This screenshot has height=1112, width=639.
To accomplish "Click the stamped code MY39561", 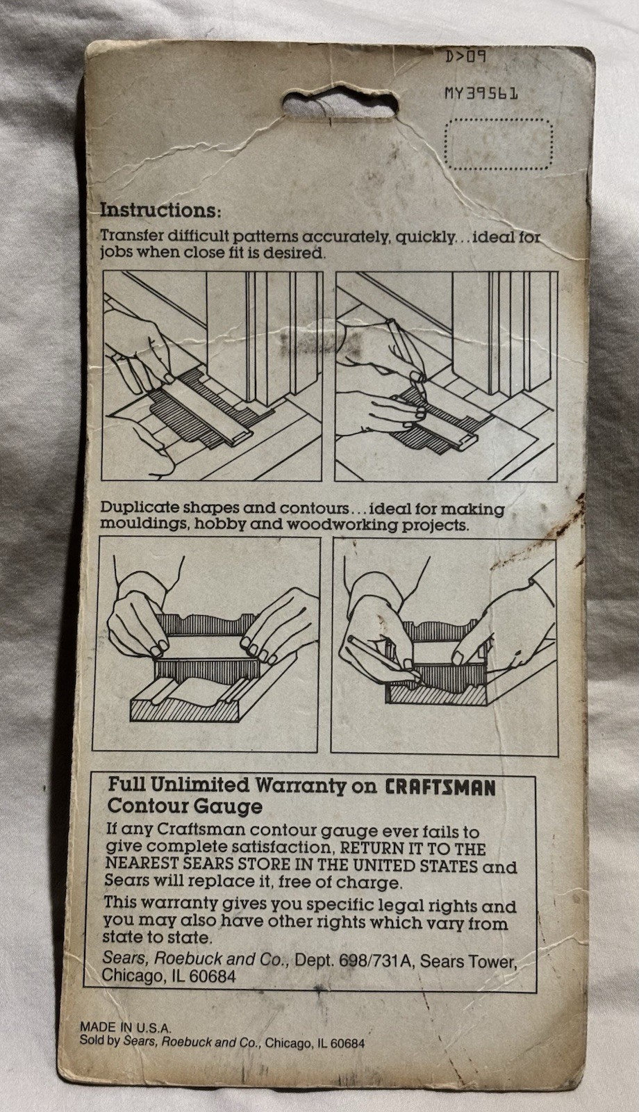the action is (x=481, y=93).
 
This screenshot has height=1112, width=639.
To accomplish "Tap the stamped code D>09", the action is (x=465, y=56).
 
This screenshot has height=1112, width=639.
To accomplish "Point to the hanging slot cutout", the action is (x=341, y=105).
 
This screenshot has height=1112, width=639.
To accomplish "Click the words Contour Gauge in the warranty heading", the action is (x=185, y=806).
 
